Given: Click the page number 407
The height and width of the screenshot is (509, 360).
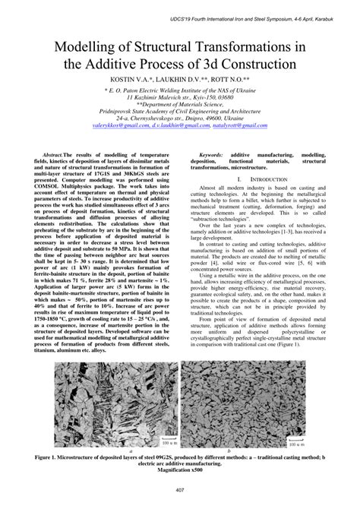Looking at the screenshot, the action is point(179,488).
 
